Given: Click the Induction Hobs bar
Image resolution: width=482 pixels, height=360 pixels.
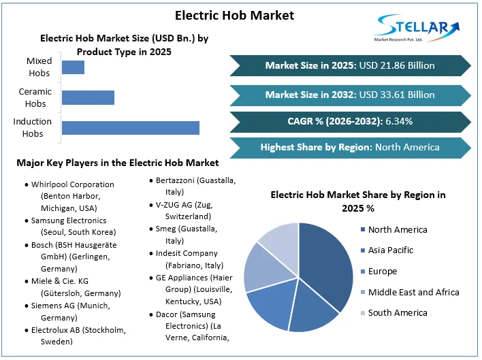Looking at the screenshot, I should pyautogui.click(x=130, y=128).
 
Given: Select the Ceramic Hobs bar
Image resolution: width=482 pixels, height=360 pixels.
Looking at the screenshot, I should pyautogui.click(x=88, y=97).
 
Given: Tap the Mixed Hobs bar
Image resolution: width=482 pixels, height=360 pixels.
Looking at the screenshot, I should pyautogui.click(x=73, y=67).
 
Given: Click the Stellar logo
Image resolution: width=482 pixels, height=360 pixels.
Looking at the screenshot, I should pyautogui.click(x=416, y=28).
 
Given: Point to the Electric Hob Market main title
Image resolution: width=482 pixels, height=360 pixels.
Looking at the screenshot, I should pyautogui.click(x=234, y=15).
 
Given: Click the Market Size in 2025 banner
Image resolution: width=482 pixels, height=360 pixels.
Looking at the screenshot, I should pyautogui.click(x=350, y=66).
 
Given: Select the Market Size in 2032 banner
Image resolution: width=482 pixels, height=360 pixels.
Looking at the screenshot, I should pyautogui.click(x=350, y=95).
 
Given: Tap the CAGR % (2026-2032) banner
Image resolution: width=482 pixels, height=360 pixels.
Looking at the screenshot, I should pyautogui.click(x=350, y=121).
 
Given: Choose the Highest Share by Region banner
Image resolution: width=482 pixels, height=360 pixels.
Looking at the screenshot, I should pyautogui.click(x=350, y=147).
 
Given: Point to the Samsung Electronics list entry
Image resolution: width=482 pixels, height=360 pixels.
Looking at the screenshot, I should pyautogui.click(x=69, y=227).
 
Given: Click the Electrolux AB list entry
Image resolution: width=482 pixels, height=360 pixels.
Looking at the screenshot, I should pyautogui.click(x=78, y=336).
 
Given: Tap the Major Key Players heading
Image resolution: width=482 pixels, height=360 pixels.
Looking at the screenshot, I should pyautogui.click(x=118, y=163).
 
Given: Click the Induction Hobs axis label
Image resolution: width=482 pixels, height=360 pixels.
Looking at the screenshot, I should pyautogui.click(x=33, y=128).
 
